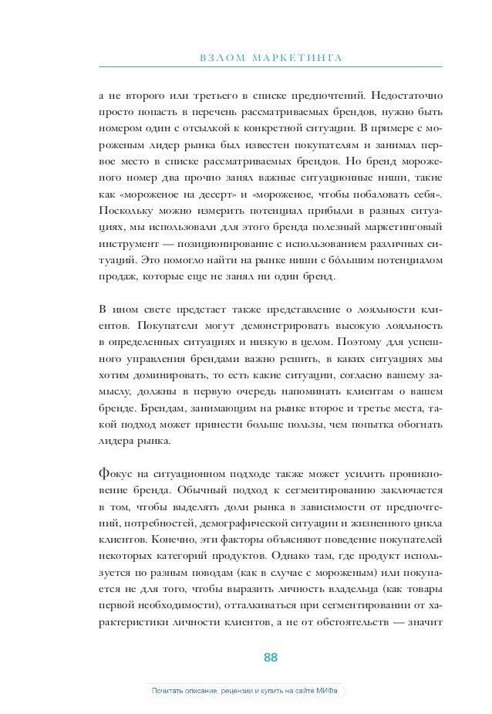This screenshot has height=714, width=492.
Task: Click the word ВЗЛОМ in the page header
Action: coord(221,59)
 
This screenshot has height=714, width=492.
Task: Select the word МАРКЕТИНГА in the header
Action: coord(295,59)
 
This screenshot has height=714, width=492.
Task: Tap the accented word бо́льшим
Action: coord(352,262)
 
